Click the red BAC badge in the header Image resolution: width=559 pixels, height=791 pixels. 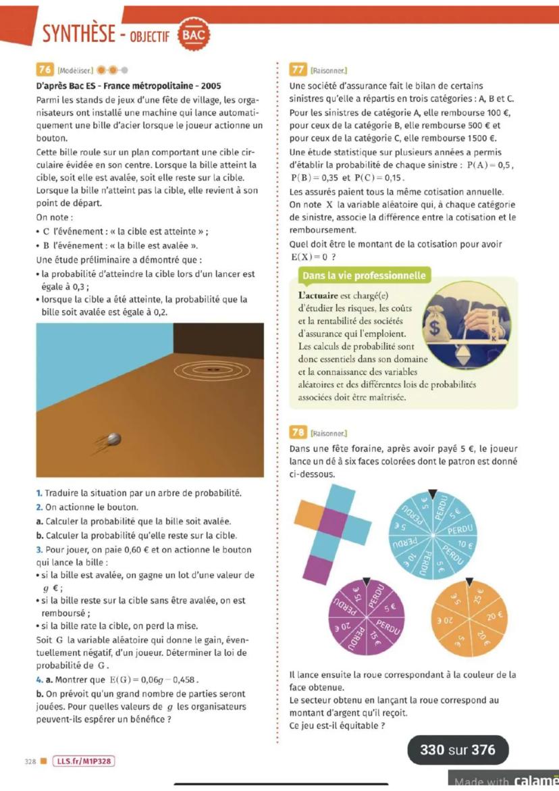[192, 34]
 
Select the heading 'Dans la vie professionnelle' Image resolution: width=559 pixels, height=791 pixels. [364, 276]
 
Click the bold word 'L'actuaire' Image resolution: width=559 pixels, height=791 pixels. [319, 295]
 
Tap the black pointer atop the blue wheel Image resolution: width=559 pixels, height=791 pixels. [433, 494]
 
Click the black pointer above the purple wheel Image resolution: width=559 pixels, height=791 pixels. [367, 580]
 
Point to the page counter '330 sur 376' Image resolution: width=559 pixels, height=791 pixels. [457, 750]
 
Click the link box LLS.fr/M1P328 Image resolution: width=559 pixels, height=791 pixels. [82, 761]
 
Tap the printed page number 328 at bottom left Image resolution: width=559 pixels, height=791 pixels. [30, 761]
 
